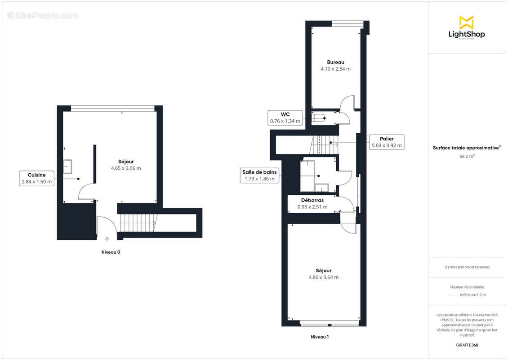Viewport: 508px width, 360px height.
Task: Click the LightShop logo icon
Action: [466, 22]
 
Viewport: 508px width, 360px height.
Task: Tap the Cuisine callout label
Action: [36, 178]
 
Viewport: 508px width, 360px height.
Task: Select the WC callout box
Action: [285, 117]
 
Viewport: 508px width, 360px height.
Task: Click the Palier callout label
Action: [386, 142]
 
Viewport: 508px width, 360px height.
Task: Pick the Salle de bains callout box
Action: [260, 175]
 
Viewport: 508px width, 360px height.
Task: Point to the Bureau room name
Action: [335, 62]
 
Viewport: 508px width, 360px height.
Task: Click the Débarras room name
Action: [312, 200]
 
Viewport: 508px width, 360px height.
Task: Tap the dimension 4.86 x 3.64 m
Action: [323, 277]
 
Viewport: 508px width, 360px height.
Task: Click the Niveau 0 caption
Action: [111, 252]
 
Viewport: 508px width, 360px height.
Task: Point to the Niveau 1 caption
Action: [320, 337]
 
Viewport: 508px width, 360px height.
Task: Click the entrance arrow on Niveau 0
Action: [107, 239]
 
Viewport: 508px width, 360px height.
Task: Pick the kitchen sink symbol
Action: [68, 166]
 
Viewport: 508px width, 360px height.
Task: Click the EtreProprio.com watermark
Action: [43, 15]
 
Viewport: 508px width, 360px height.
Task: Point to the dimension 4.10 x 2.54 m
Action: [335, 69]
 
